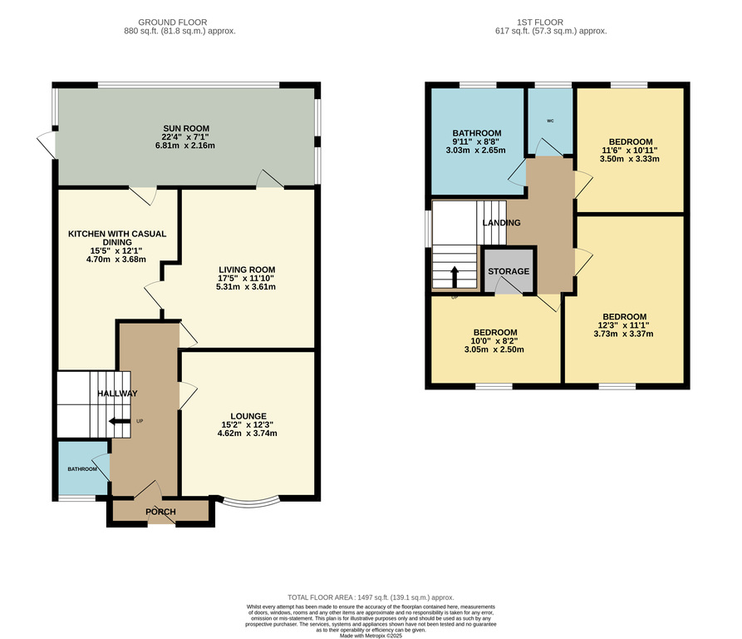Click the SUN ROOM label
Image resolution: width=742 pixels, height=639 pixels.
click(x=186, y=128)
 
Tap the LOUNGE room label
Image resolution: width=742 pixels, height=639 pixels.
click(x=248, y=416)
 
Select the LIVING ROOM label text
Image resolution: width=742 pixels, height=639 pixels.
click(x=247, y=270)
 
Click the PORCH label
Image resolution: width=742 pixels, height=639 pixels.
click(x=160, y=512)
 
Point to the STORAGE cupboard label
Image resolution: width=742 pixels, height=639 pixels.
click(x=509, y=271)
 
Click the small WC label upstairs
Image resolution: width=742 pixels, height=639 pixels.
click(x=550, y=121)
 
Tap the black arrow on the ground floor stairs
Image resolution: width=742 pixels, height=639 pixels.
click(x=120, y=421)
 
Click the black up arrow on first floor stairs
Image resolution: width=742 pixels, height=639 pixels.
click(x=455, y=277)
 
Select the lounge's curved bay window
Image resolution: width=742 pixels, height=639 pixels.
click(x=251, y=503)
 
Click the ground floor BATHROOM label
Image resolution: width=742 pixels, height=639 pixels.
click(x=82, y=469)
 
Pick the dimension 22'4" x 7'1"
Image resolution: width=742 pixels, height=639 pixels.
click(x=185, y=137)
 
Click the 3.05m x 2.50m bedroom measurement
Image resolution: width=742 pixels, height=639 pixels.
click(x=494, y=349)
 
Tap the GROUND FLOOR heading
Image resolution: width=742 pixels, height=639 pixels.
click(x=173, y=22)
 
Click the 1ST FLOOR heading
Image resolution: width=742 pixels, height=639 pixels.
click(x=540, y=22)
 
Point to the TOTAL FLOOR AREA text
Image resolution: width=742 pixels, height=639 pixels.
click(x=371, y=597)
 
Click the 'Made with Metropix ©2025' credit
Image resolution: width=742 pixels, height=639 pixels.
click(x=371, y=636)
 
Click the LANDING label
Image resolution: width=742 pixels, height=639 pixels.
click(x=501, y=223)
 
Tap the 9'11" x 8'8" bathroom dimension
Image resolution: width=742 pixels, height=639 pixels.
click(x=476, y=141)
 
